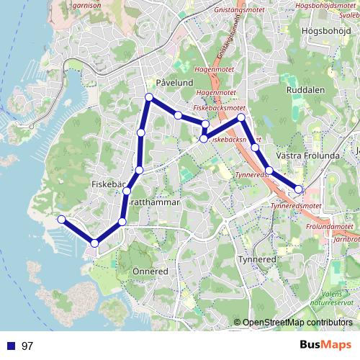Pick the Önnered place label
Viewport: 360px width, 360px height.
coord(150,271)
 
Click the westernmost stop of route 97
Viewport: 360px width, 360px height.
coord(62,219)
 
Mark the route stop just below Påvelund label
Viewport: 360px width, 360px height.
coord(149,97)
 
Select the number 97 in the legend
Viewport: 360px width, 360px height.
coord(27,346)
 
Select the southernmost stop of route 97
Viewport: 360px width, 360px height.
coord(94,243)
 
